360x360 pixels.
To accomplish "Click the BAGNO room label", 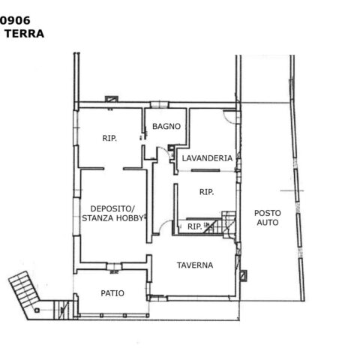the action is (166, 126).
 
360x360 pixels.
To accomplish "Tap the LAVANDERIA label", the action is (207, 158).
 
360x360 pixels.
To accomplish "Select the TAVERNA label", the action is (195, 265).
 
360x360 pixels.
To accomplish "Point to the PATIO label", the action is (112, 293).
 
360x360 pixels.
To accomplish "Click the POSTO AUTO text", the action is (268, 217).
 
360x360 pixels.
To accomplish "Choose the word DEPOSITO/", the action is (112, 208).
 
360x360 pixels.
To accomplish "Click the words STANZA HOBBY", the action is (112, 218).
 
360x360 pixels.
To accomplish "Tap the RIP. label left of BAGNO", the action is (109, 138).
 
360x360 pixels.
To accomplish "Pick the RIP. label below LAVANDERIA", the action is (206, 192).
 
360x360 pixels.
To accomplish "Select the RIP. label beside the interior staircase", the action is (194, 226).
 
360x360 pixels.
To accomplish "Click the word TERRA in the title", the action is (25, 34).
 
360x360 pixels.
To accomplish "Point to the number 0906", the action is (15, 20).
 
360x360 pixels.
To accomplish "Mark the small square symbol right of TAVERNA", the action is (243, 275).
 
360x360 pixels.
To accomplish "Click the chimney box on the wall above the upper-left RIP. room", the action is (112, 99).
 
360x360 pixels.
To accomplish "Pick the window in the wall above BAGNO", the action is (159, 104).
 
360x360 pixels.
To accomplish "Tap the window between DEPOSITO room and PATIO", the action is (114, 266).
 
